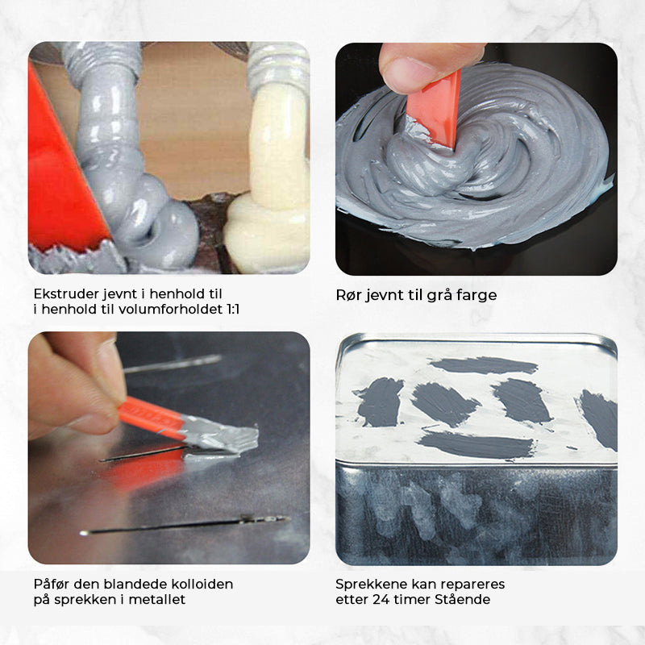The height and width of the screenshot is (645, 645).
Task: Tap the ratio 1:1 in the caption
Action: (x=232, y=310)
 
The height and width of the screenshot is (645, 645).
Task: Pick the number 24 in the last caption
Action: (x=381, y=599)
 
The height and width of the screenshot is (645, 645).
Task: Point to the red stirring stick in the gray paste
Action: (x=436, y=108)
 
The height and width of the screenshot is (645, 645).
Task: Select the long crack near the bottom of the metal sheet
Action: (x=185, y=526)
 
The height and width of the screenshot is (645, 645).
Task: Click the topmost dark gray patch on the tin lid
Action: (x=483, y=365)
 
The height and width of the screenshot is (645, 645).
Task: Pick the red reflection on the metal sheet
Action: (x=144, y=472)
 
